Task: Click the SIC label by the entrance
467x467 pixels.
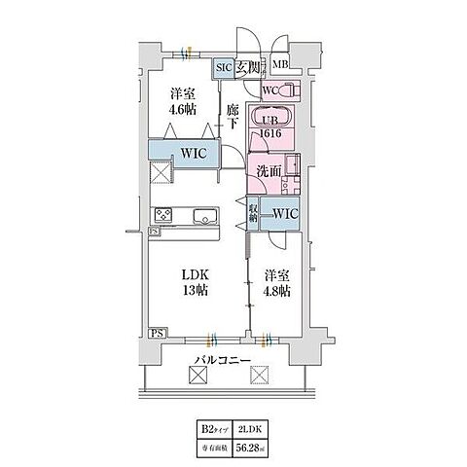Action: pos(223,67)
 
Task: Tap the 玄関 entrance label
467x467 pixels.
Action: pos(247,67)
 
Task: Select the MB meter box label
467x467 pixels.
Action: pos(281,66)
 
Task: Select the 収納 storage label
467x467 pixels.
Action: pos(253,210)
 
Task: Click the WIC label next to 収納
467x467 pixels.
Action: pos(284,212)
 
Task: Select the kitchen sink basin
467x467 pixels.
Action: pos(206,216)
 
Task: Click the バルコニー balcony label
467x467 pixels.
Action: pos(223,362)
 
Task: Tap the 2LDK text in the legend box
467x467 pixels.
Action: pos(252,426)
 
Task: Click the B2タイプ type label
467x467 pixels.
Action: pos(213,426)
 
